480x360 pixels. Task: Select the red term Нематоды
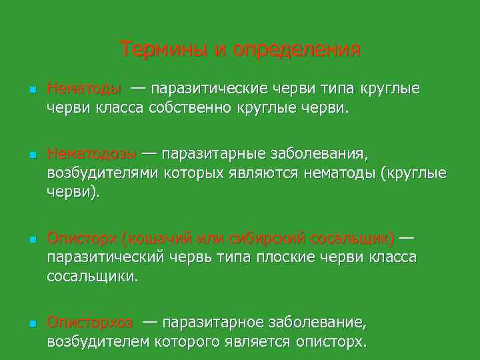coord(84,89)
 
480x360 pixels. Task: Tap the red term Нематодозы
coord(92,155)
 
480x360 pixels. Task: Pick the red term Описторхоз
coord(90,323)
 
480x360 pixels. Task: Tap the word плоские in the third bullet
coord(293,257)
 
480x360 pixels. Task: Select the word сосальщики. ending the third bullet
coord(93,276)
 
